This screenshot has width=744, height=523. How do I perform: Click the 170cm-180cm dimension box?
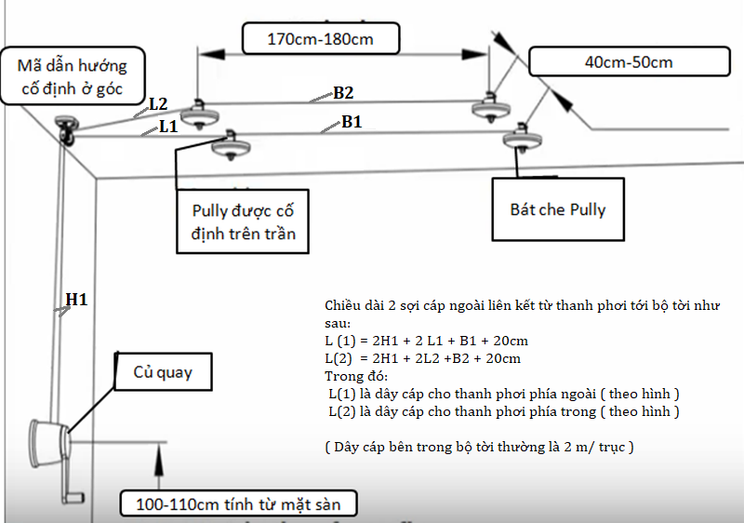pyautogui.click(x=321, y=40)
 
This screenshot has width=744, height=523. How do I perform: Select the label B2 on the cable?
pyautogui.click(x=343, y=92)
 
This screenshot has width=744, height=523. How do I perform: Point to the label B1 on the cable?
pyautogui.click(x=352, y=121)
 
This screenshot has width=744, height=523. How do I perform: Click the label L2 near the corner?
pyautogui.click(x=157, y=103)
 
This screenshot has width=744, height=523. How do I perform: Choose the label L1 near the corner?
pyautogui.click(x=167, y=126)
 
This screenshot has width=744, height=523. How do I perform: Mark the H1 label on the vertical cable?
pyautogui.click(x=75, y=300)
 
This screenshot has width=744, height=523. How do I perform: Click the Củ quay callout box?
pyautogui.click(x=163, y=372)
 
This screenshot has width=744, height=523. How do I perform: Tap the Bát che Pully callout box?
pyautogui.click(x=557, y=209)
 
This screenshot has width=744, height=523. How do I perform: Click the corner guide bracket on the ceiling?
pyautogui.click(x=66, y=128)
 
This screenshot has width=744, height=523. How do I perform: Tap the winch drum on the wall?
pyautogui.click(x=50, y=436)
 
